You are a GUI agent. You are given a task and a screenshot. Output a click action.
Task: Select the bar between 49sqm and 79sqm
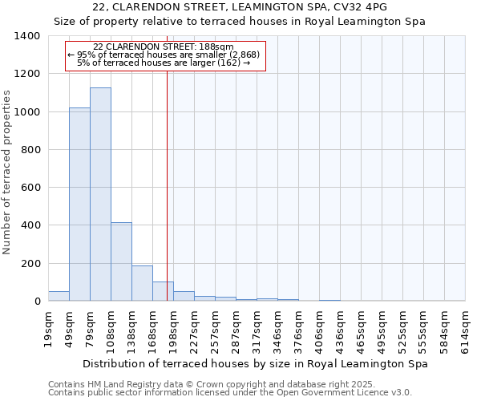tap(79, 205)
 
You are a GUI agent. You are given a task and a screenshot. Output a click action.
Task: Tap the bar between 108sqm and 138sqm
tap(121, 261)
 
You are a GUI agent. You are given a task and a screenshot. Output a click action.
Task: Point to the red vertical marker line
tap(167, 184)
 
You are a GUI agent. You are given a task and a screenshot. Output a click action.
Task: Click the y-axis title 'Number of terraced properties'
tap(8, 172)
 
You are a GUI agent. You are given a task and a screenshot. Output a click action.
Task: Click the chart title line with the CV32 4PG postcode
tap(240, 6)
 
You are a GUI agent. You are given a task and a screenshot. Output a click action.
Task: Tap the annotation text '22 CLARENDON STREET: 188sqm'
tap(164, 47)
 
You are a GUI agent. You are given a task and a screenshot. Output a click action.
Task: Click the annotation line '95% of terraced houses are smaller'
tap(164, 55)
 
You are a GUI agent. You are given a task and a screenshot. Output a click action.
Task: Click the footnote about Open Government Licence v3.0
tap(230, 393)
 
